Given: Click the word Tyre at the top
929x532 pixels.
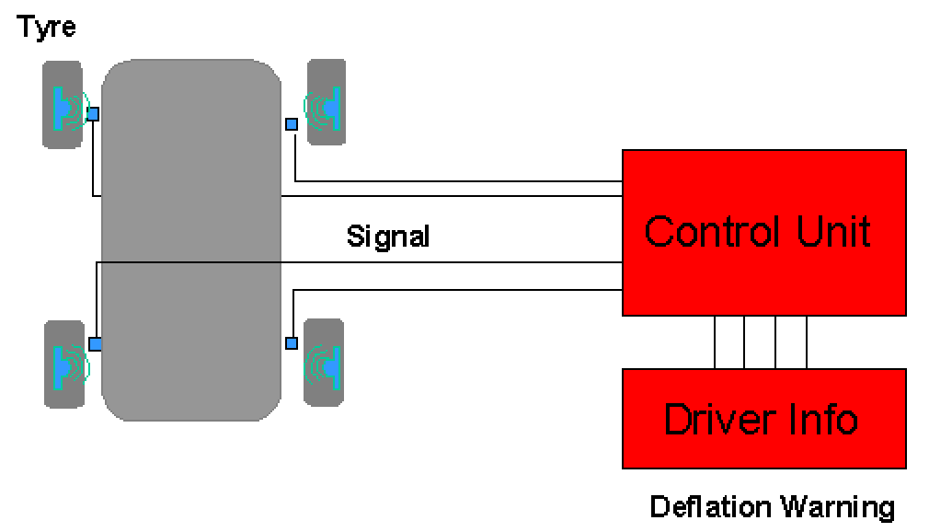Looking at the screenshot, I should pyautogui.click(x=46, y=27).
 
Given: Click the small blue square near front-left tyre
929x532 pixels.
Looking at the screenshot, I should pyautogui.click(x=93, y=113).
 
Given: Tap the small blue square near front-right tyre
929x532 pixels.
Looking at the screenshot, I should pyautogui.click(x=292, y=123).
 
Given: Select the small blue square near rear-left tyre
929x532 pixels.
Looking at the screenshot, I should pyautogui.click(x=95, y=343).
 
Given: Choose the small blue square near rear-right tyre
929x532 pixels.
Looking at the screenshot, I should pyautogui.click(x=292, y=343).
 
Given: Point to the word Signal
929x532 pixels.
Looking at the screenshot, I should pyautogui.click(x=388, y=237).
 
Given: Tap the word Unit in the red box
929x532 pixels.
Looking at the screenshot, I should pyautogui.click(x=833, y=231).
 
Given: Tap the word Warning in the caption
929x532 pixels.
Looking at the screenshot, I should pyautogui.click(x=837, y=506).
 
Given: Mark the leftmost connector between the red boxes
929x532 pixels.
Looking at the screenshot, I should pyautogui.click(x=715, y=341).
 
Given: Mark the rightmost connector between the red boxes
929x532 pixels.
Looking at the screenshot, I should pyautogui.click(x=807, y=341).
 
